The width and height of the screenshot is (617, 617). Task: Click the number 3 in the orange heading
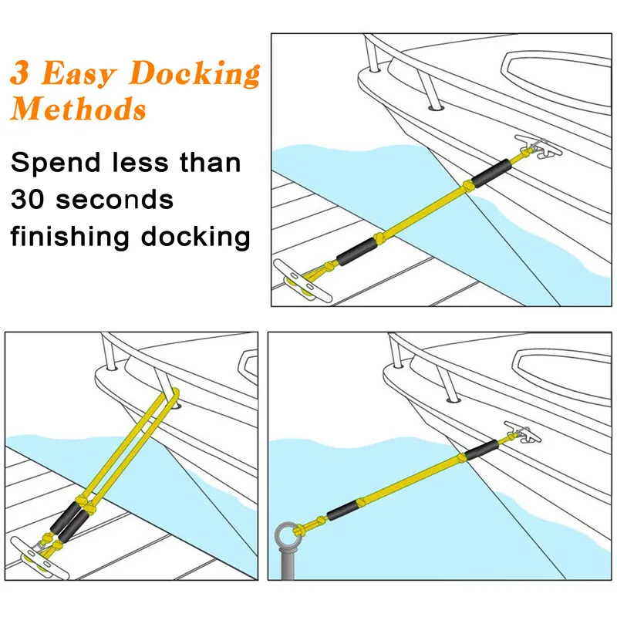pyautogui.click(x=22, y=74)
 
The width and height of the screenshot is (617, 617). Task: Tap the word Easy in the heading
pyautogui.click(x=78, y=74)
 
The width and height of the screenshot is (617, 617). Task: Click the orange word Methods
pyautogui.click(x=78, y=109)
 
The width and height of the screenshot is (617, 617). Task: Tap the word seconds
pyautogui.click(x=120, y=200)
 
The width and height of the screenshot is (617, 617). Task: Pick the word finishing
pyautogui.click(x=69, y=235)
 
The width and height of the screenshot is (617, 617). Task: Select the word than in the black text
pyautogui.click(x=210, y=163)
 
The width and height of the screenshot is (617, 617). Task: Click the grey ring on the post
pyautogui.click(x=285, y=534)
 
